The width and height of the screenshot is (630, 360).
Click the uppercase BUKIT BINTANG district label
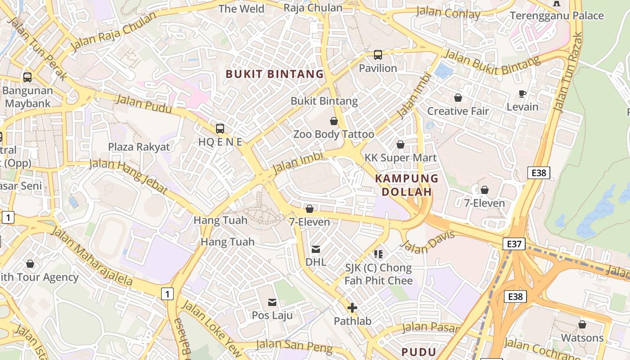pos(274,74)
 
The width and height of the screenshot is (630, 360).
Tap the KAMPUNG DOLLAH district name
pos(407,185)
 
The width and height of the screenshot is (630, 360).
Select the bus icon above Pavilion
pos(378,55)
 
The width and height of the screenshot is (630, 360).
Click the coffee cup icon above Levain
pos(522,94)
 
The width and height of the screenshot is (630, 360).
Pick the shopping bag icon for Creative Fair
pos(458,98)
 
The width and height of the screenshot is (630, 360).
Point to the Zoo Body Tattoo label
pos(333,134)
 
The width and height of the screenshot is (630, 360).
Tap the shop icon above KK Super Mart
pos(400,144)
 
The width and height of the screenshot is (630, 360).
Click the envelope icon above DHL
pos(316,249)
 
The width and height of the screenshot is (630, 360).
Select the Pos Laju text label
pos(272,315)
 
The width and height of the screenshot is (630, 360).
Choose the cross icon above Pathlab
pos(352,308)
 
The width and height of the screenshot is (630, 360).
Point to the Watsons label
pos(582,337)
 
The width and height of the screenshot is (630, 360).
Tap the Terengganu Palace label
pos(557,16)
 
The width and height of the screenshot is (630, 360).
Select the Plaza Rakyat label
pos(139,147)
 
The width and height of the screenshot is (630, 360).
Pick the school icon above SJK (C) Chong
pos(378,254)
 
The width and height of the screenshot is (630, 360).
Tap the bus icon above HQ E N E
pos(220,129)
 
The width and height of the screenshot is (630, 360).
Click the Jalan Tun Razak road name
pos(567,72)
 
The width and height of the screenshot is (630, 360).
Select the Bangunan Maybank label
pos(27,96)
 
